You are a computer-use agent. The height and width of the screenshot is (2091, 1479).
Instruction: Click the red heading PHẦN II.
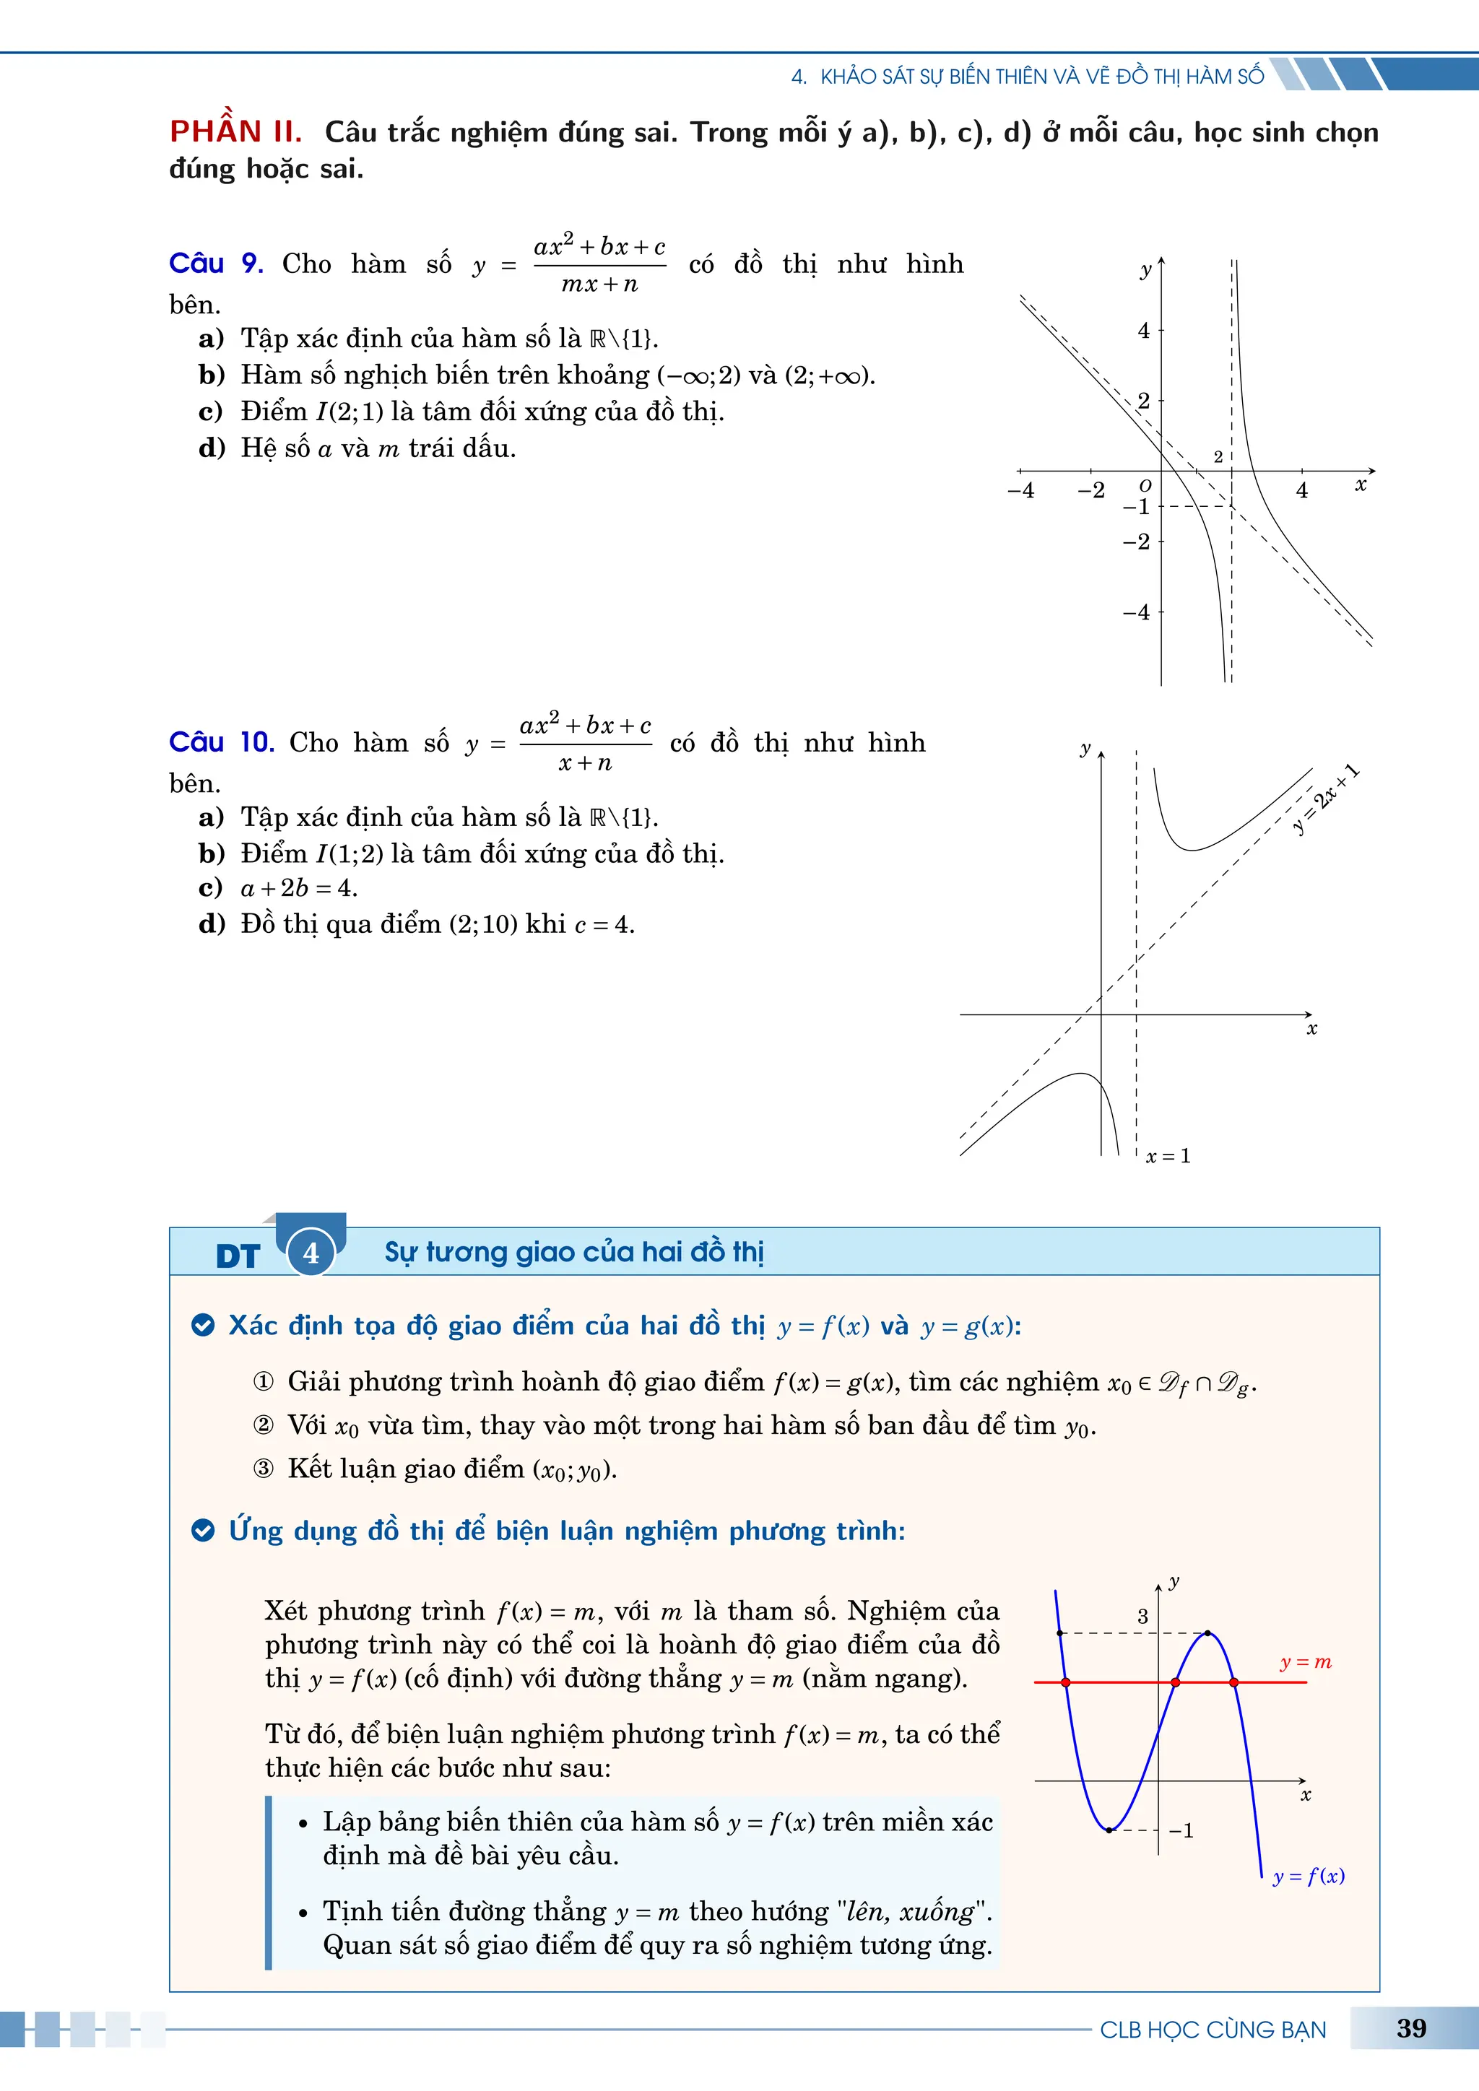pyautogui.click(x=235, y=132)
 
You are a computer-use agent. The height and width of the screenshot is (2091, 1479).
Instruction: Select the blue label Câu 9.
pyautogui.click(x=216, y=264)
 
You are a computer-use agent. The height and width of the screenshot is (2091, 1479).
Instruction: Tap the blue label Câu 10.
pyautogui.click(x=221, y=742)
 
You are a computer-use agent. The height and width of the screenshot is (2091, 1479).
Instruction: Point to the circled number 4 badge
pyautogui.click(x=311, y=1253)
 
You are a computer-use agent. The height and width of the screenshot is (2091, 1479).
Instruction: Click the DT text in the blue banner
pyautogui.click(x=238, y=1257)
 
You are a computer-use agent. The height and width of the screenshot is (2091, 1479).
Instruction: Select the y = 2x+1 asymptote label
pyautogui.click(x=1326, y=799)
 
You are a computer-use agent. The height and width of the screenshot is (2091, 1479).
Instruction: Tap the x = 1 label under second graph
pyautogui.click(x=1168, y=1156)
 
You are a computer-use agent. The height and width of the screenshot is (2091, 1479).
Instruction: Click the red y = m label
pyautogui.click(x=1305, y=1662)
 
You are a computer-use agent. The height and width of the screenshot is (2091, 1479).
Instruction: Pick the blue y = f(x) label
pyautogui.click(x=1308, y=1876)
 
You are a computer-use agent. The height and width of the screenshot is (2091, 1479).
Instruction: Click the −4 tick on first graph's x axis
pyautogui.click(x=1021, y=491)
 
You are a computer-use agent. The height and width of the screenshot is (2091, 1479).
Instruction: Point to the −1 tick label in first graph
pyautogui.click(x=1137, y=508)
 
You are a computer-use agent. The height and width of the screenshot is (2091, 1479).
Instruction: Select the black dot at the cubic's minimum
pyautogui.click(x=1109, y=1830)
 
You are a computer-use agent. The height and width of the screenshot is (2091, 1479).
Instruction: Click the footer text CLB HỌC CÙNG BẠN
pyautogui.click(x=1213, y=2030)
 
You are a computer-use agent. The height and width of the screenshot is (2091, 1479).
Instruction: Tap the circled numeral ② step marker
pyautogui.click(x=263, y=1425)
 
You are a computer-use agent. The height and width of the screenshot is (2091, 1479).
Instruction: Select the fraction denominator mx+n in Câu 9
pyautogui.click(x=599, y=284)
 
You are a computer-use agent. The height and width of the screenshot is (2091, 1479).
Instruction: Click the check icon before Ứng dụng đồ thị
pyautogui.click(x=203, y=1531)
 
